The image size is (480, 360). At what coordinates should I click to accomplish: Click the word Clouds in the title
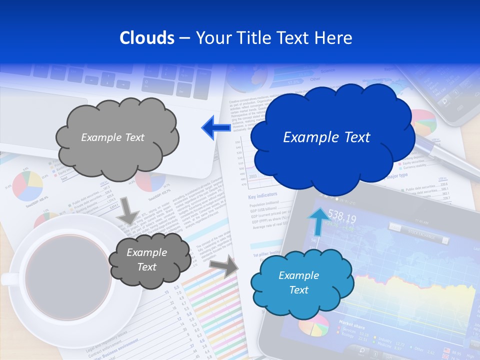146,38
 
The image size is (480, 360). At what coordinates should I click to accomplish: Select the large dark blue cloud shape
332,138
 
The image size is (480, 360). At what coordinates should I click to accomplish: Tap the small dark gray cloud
148,260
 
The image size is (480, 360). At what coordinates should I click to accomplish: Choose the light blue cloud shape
301,283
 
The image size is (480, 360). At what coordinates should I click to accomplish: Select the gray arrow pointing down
129,210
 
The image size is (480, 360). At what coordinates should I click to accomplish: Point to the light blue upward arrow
317,220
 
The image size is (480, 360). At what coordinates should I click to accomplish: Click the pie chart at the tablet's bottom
314,325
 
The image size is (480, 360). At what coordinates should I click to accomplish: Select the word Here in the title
336,38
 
